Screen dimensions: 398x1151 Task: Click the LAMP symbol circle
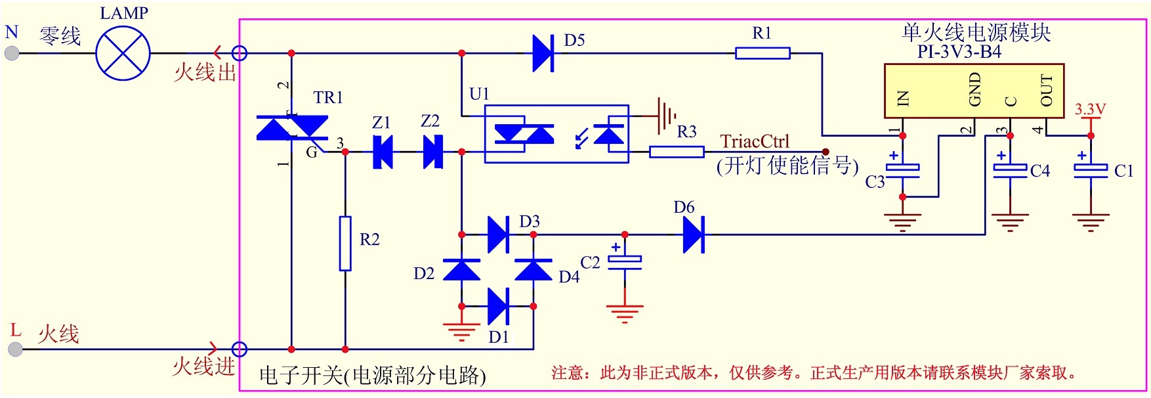123,53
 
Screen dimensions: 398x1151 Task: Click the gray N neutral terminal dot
12,53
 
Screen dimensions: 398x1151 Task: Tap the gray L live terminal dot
15,349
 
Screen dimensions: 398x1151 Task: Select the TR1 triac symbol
292,128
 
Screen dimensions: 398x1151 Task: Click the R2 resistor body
345,243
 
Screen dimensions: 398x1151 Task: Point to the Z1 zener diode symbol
382,152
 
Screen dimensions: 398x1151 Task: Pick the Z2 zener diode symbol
432,152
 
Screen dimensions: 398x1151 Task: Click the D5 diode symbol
543,53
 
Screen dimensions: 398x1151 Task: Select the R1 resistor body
763,53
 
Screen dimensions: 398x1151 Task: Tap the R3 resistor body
677,152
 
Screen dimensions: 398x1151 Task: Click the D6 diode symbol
693,234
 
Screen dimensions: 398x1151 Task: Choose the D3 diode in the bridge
498,234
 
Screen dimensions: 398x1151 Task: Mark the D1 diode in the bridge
498,306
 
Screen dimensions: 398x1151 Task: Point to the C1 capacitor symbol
1091,170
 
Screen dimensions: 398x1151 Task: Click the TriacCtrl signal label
755,142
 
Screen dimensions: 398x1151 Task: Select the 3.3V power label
1090,109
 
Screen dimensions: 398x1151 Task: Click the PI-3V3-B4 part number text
959,52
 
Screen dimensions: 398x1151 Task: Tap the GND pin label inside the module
975,89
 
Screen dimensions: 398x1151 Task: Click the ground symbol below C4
1010,222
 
